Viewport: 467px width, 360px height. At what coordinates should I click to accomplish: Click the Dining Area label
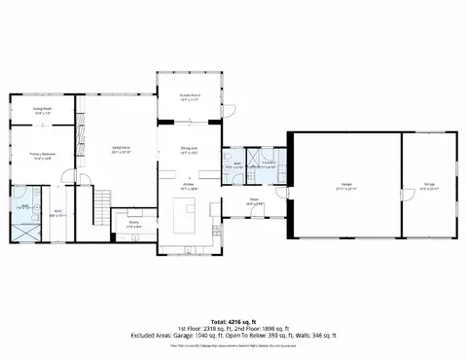click(190, 151)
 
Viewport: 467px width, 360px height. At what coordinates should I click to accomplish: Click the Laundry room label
click(268, 163)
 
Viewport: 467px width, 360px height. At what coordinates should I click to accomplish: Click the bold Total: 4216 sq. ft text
click(233, 320)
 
